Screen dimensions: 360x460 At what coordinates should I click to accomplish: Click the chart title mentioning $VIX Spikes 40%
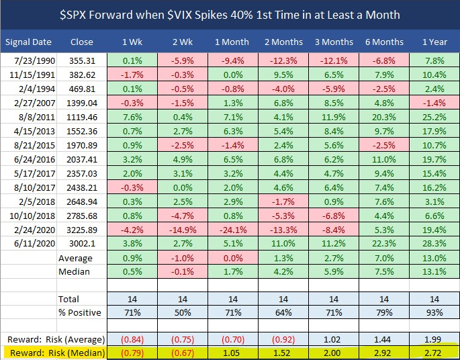click(230, 14)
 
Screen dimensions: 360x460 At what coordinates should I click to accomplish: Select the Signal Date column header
click(28, 42)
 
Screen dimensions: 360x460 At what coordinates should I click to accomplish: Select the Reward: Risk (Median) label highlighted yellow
click(55, 352)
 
